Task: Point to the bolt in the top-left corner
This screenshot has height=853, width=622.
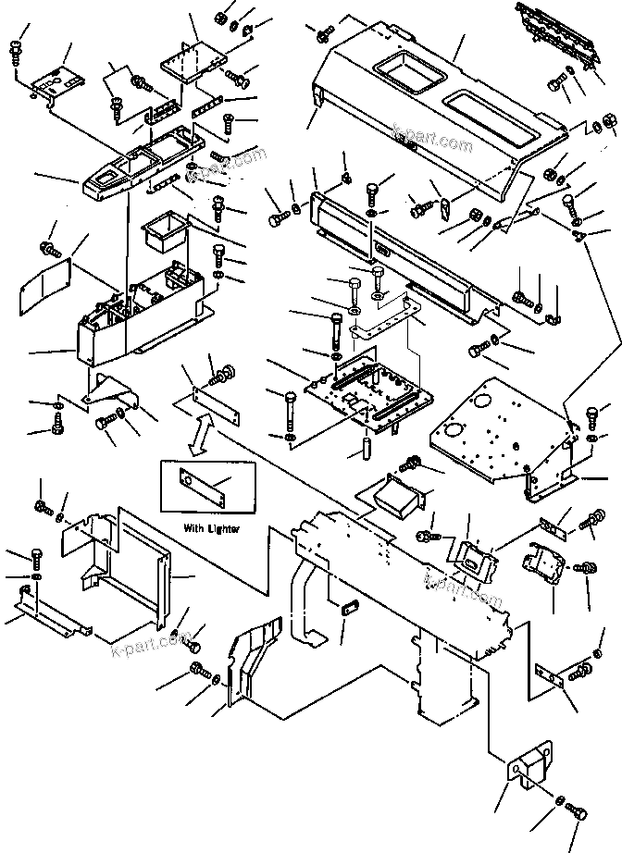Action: click(x=16, y=52)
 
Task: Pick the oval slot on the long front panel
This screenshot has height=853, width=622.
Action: click(x=381, y=248)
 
